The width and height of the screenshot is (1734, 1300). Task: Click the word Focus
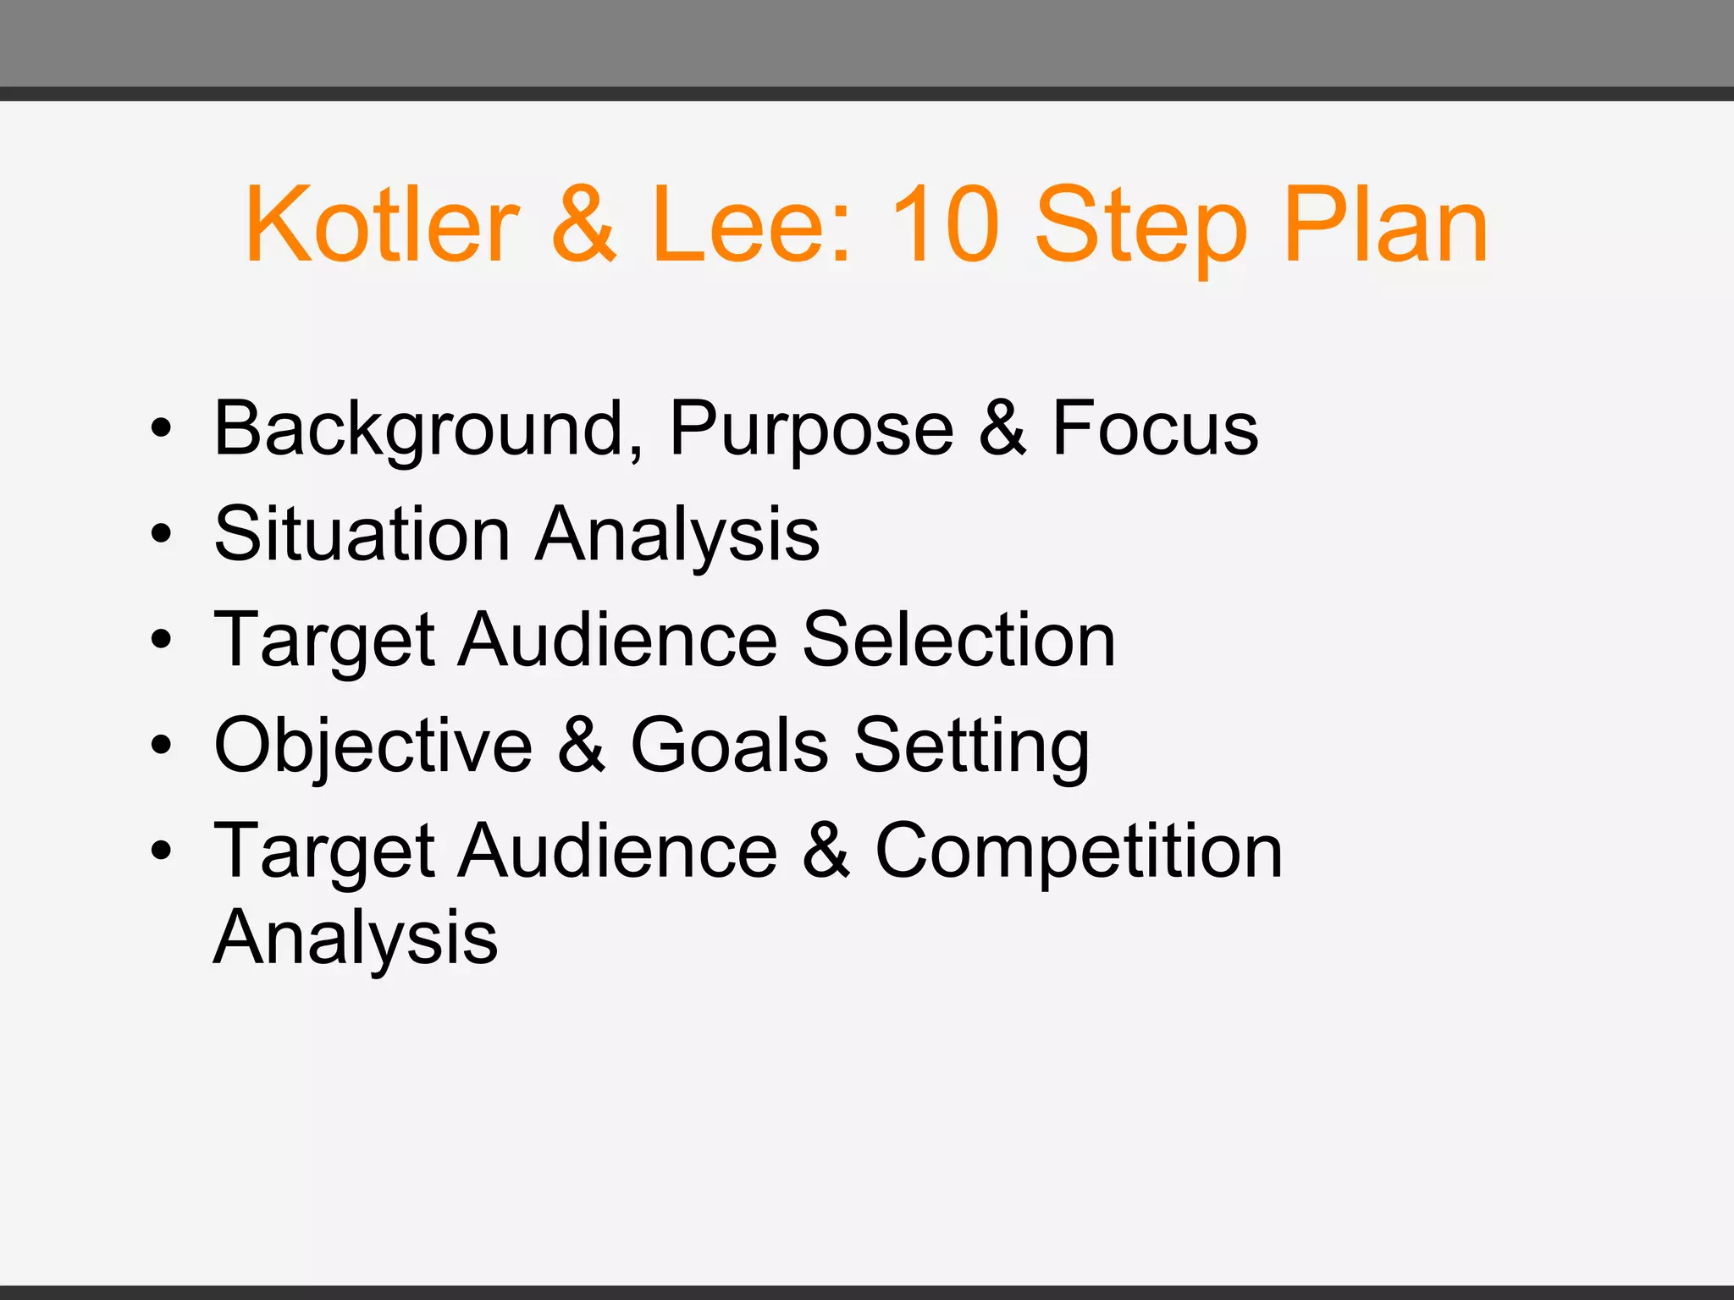pyautogui.click(x=1155, y=429)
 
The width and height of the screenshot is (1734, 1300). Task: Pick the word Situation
pyautogui.click(x=362, y=534)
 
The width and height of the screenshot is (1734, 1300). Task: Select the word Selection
pyautogui.click(x=958, y=640)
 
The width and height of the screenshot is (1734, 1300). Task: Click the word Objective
pyautogui.click(x=373, y=746)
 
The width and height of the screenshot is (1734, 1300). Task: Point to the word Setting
pyautogui.click(x=971, y=746)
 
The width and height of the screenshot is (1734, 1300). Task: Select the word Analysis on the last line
pyautogui.click(x=356, y=939)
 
